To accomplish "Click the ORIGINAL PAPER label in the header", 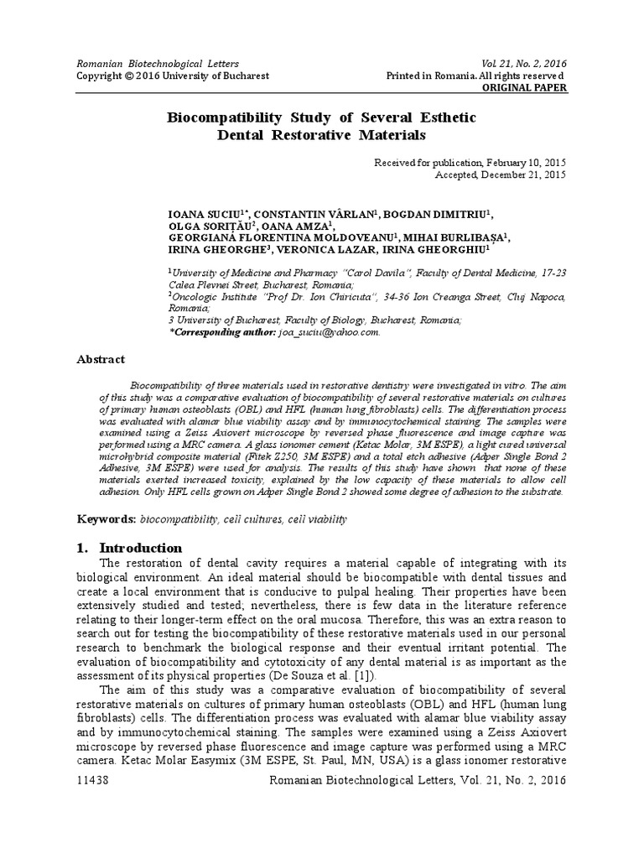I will coord(526,87).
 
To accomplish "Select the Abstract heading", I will coord(101,358).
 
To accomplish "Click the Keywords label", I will coord(106,519).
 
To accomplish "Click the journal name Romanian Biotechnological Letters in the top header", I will coord(158,63).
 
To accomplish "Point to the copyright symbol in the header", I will coord(128,75).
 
